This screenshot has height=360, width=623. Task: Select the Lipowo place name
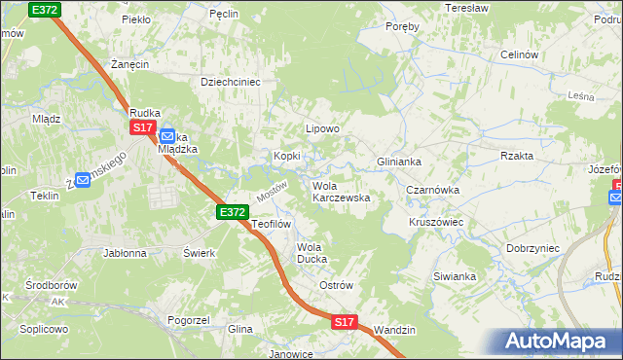[322, 128]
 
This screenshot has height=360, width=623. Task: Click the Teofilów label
[272, 224]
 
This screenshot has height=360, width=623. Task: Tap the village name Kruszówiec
[435, 222]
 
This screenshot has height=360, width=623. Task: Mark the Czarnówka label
[432, 191]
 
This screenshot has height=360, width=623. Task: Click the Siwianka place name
[455, 276]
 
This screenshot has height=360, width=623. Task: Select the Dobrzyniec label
[532, 248]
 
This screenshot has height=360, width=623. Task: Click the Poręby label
[402, 26]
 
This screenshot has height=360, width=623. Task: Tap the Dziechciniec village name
[231, 83]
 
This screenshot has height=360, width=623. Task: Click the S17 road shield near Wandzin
[344, 321]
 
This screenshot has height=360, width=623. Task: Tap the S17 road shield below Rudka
[143, 127]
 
